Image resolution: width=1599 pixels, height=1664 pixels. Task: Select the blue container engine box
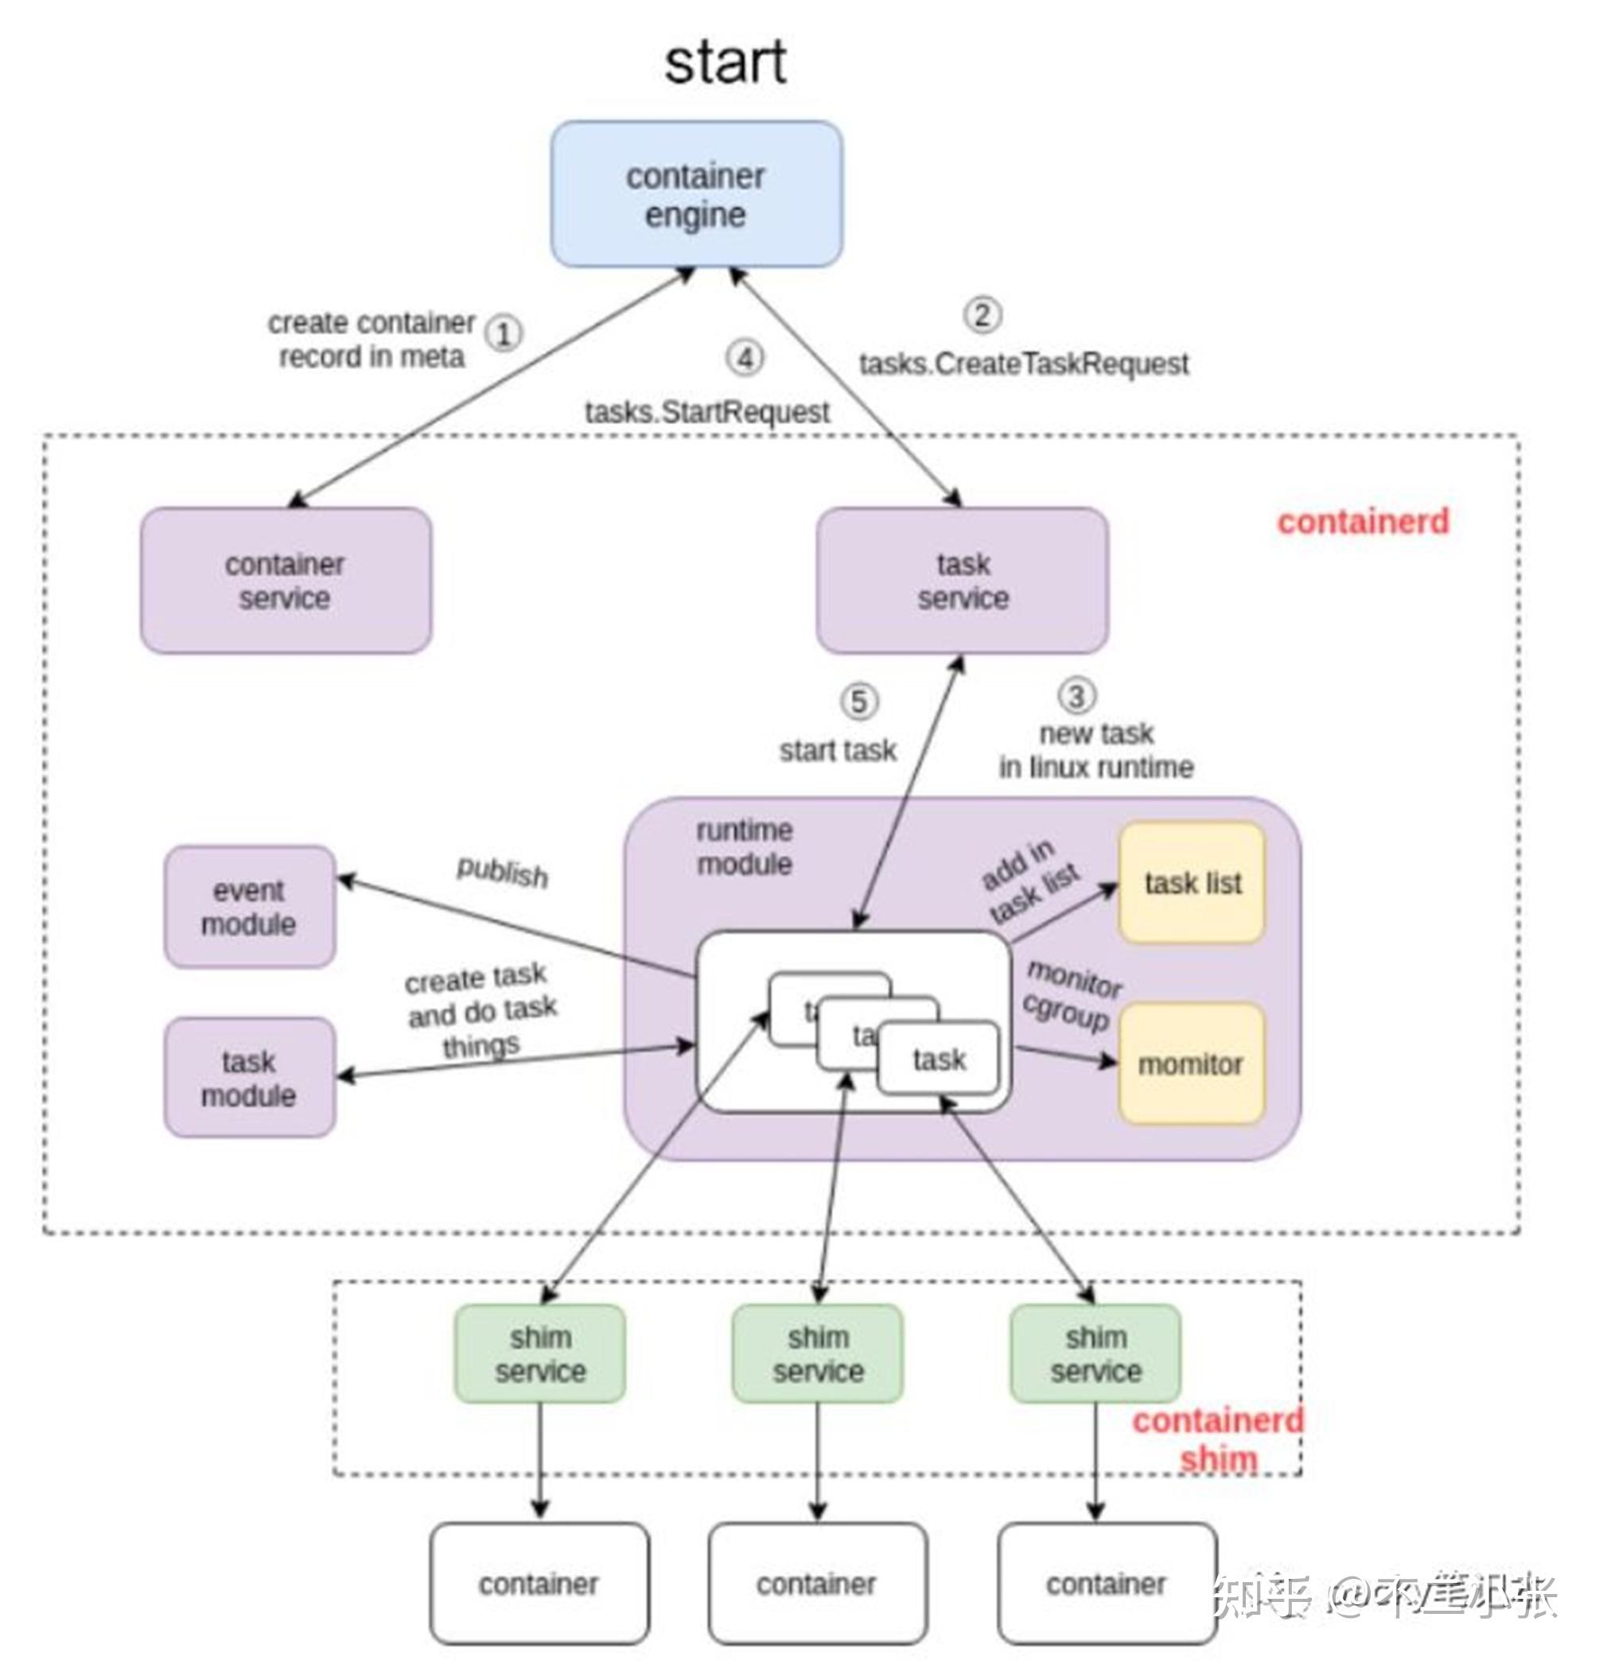tap(695, 194)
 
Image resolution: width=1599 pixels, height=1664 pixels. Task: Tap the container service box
tap(286, 581)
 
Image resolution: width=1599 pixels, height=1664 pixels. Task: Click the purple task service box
tap(961, 581)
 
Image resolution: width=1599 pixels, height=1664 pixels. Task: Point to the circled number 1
tap(504, 333)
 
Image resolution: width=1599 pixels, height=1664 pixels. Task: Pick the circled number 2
tap(982, 315)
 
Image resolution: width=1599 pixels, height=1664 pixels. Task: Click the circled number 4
tap(744, 358)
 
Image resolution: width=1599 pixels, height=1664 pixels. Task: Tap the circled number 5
tap(858, 702)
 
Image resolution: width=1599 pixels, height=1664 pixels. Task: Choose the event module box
tap(249, 907)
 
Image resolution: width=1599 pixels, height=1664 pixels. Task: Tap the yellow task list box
tap(1192, 883)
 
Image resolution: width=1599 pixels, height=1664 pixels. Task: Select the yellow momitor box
tap(1191, 1063)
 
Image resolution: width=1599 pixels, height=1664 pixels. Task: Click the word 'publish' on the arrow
tap(502, 872)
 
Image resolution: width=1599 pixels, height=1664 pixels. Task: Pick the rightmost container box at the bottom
tap(1106, 1584)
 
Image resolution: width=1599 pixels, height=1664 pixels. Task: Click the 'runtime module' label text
tap(744, 847)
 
